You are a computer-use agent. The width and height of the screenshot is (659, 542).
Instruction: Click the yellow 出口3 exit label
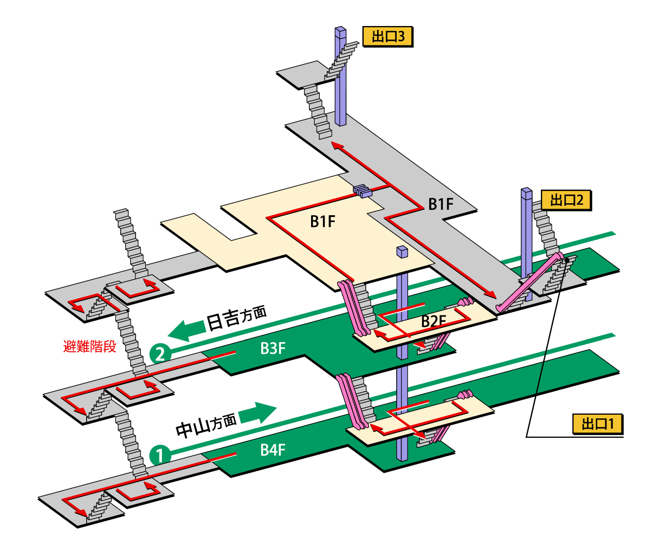pyautogui.click(x=387, y=37)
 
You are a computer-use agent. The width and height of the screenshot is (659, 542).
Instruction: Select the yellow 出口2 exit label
pyautogui.click(x=566, y=200)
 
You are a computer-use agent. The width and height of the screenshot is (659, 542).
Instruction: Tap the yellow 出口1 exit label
pyautogui.click(x=597, y=423)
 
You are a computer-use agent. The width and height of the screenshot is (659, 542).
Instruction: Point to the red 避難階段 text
pyautogui.click(x=90, y=347)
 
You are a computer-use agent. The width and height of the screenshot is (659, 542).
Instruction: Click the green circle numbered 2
pyautogui.click(x=160, y=354)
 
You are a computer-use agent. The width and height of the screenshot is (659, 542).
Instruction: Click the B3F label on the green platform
pyautogui.click(x=273, y=349)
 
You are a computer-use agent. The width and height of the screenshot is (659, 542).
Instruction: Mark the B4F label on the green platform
pyautogui.click(x=273, y=449)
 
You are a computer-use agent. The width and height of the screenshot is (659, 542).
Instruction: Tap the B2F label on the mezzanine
pyautogui.click(x=433, y=321)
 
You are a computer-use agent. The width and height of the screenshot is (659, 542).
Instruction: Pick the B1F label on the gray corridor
pyautogui.click(x=441, y=204)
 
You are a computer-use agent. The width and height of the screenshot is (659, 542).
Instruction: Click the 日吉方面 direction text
pyautogui.click(x=237, y=318)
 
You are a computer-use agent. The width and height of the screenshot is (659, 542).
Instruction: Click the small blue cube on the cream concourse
pyautogui.click(x=402, y=251)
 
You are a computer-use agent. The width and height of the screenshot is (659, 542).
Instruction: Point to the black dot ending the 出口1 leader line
pyautogui.click(x=567, y=261)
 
